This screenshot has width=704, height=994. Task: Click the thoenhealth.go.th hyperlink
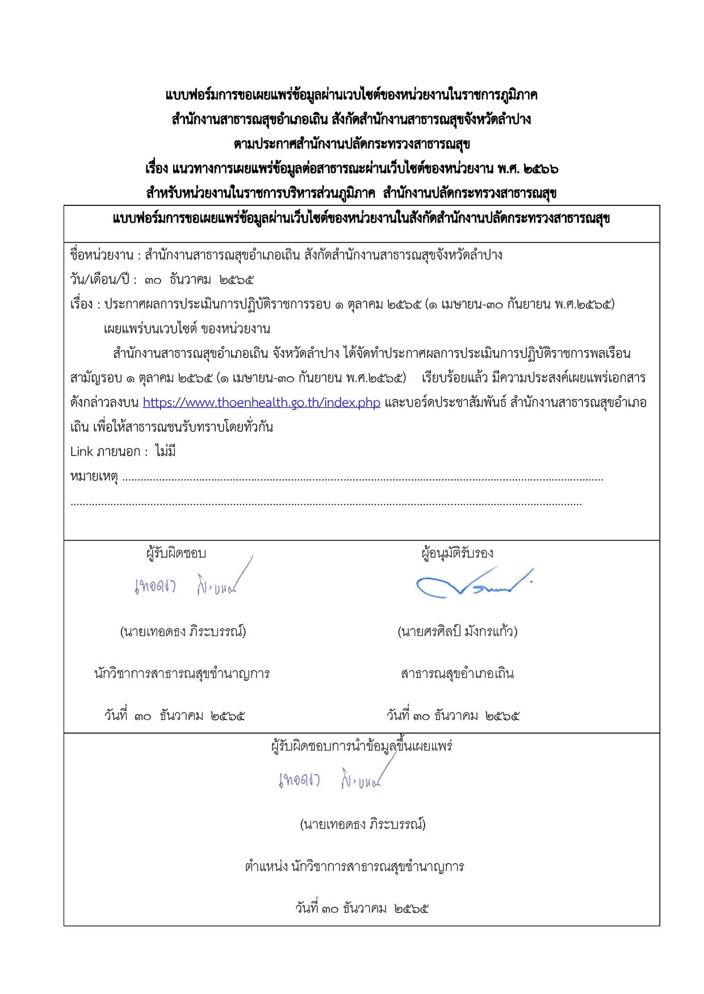coord(261,403)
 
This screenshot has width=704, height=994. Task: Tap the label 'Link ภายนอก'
coord(105,452)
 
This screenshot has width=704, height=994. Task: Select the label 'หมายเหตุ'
coord(94,477)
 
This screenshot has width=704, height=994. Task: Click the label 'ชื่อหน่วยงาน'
coord(102,255)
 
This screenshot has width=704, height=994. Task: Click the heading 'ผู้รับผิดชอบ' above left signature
coord(176,553)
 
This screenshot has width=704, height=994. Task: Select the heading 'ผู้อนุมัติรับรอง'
coord(457,553)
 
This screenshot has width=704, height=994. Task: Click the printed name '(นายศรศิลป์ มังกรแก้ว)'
coord(457,631)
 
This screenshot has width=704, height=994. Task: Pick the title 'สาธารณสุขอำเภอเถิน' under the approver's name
coord(457,674)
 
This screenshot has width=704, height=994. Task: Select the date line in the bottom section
coord(362,908)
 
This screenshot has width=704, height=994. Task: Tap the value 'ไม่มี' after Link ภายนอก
coord(165,452)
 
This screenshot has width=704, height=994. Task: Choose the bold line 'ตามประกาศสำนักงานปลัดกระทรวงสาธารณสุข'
coord(351,144)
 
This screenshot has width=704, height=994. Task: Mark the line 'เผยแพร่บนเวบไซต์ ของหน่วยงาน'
coord(187,329)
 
